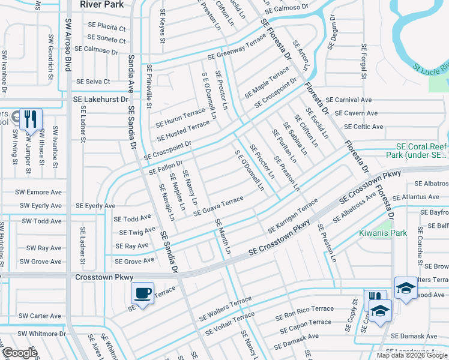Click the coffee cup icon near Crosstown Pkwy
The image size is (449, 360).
click(142, 293)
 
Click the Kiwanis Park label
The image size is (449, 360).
click(382, 233)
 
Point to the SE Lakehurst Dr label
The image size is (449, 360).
click(101, 100)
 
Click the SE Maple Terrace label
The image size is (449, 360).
click(267, 83)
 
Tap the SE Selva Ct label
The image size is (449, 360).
click(93, 82)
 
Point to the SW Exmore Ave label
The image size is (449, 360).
click(41, 193)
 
